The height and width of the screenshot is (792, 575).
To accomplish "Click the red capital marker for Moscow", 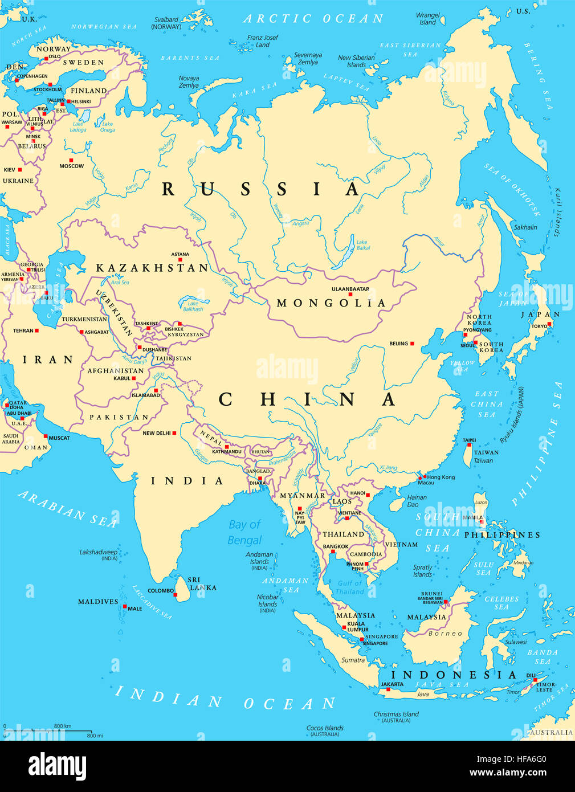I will [x=71, y=160].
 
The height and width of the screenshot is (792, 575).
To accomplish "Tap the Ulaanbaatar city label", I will [x=350, y=289].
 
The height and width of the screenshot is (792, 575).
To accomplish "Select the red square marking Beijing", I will [x=412, y=344].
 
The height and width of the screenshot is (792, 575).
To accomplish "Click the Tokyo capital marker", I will [x=549, y=324].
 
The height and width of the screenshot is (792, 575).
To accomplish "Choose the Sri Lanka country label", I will [x=203, y=583].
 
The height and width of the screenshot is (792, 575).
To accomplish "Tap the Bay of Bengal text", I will [x=244, y=532].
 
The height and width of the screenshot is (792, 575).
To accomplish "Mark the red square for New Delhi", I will [x=174, y=433].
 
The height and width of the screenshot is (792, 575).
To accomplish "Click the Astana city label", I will [x=180, y=255].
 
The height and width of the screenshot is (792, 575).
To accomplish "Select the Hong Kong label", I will [x=441, y=477].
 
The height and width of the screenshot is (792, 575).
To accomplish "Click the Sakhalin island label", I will [x=525, y=227].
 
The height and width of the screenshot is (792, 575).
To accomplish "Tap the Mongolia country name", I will [x=331, y=303].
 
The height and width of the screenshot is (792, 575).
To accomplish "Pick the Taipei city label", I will [x=469, y=440].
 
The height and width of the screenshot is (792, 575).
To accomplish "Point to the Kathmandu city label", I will [x=227, y=451].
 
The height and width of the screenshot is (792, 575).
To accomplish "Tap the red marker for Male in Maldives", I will [x=125, y=606].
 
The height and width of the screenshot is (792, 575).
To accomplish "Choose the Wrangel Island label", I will [x=428, y=19].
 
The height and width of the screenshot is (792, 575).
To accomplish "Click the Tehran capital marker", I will [x=36, y=330].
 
